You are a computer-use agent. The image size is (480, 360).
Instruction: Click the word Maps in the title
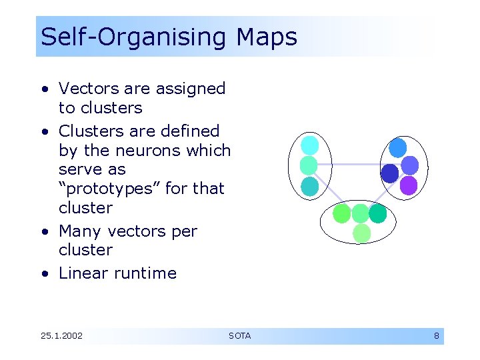coord(267,37)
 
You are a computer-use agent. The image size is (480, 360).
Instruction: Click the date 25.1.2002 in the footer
coord(61,335)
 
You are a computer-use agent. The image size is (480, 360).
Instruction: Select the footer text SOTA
coord(239,335)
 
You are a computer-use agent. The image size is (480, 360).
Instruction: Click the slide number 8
coord(437,335)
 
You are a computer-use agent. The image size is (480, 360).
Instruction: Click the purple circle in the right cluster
coord(409,185)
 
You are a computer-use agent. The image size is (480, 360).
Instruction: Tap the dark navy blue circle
coord(389,173)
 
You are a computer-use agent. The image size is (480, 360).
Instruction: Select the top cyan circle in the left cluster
coord(310,145)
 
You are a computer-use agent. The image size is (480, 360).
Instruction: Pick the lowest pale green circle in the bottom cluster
coord(361,233)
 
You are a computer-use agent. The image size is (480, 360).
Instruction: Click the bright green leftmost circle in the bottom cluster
coord(342,213)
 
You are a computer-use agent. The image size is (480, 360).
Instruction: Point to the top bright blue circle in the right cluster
coord(398,147)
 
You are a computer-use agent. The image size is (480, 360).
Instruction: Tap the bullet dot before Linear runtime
coord(43,273)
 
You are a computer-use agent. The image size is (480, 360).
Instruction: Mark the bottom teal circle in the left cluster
coord(310,186)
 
